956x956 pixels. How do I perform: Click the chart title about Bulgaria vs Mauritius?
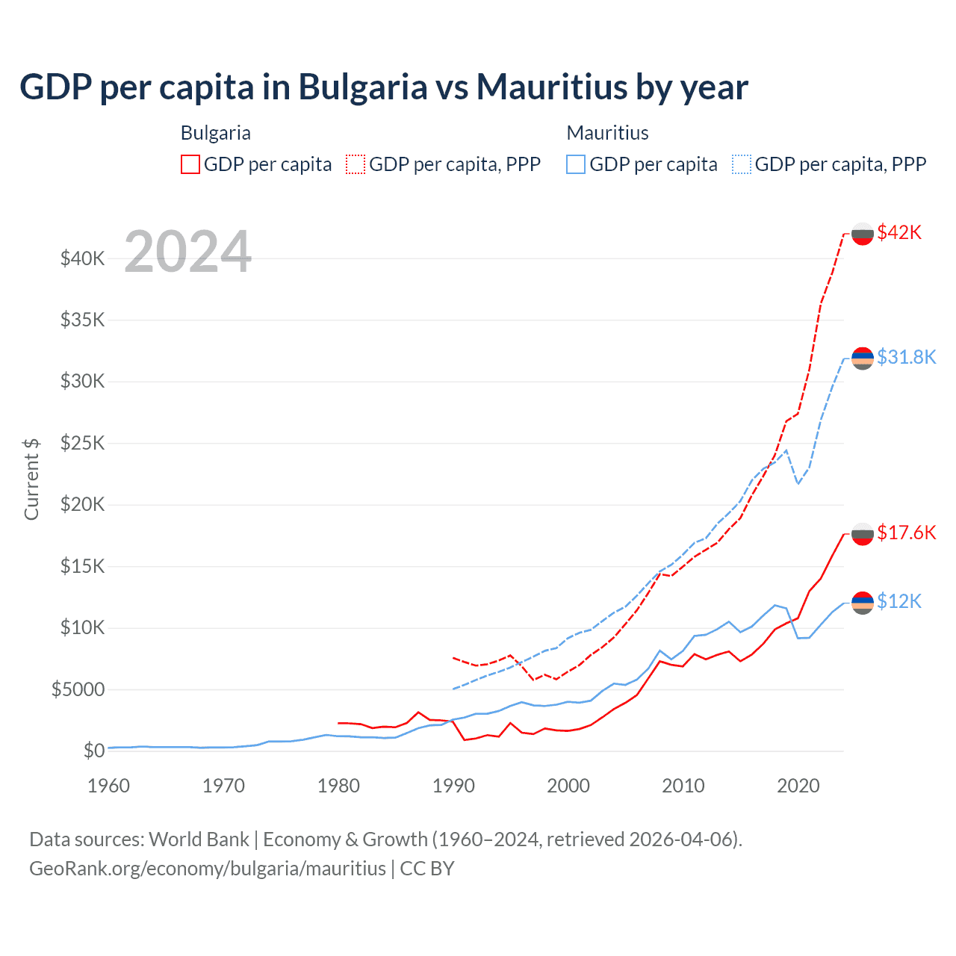click(384, 87)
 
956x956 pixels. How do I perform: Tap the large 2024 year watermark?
click(188, 252)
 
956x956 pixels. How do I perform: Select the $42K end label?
click(899, 232)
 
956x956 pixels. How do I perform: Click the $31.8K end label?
click(906, 357)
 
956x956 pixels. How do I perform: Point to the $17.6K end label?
click(906, 533)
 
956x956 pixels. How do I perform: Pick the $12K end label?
click(899, 601)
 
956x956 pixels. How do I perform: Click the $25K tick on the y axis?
click(82, 444)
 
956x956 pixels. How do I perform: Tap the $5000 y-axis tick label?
click(78, 689)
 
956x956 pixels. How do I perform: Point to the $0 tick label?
click(93, 751)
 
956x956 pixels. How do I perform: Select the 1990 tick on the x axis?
click(453, 786)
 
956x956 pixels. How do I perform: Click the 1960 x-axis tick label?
click(109, 786)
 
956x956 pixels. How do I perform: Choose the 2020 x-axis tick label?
click(798, 786)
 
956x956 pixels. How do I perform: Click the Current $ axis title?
click(31, 479)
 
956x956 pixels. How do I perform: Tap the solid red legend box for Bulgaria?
click(190, 164)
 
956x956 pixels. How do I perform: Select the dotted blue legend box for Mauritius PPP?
click(742, 164)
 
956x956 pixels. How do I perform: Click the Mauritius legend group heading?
click(607, 133)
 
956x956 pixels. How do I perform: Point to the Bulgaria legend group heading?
click(215, 133)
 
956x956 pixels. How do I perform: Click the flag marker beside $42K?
click(863, 233)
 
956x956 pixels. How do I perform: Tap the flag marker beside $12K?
click(863, 602)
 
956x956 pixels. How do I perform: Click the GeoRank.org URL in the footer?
click(208, 869)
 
